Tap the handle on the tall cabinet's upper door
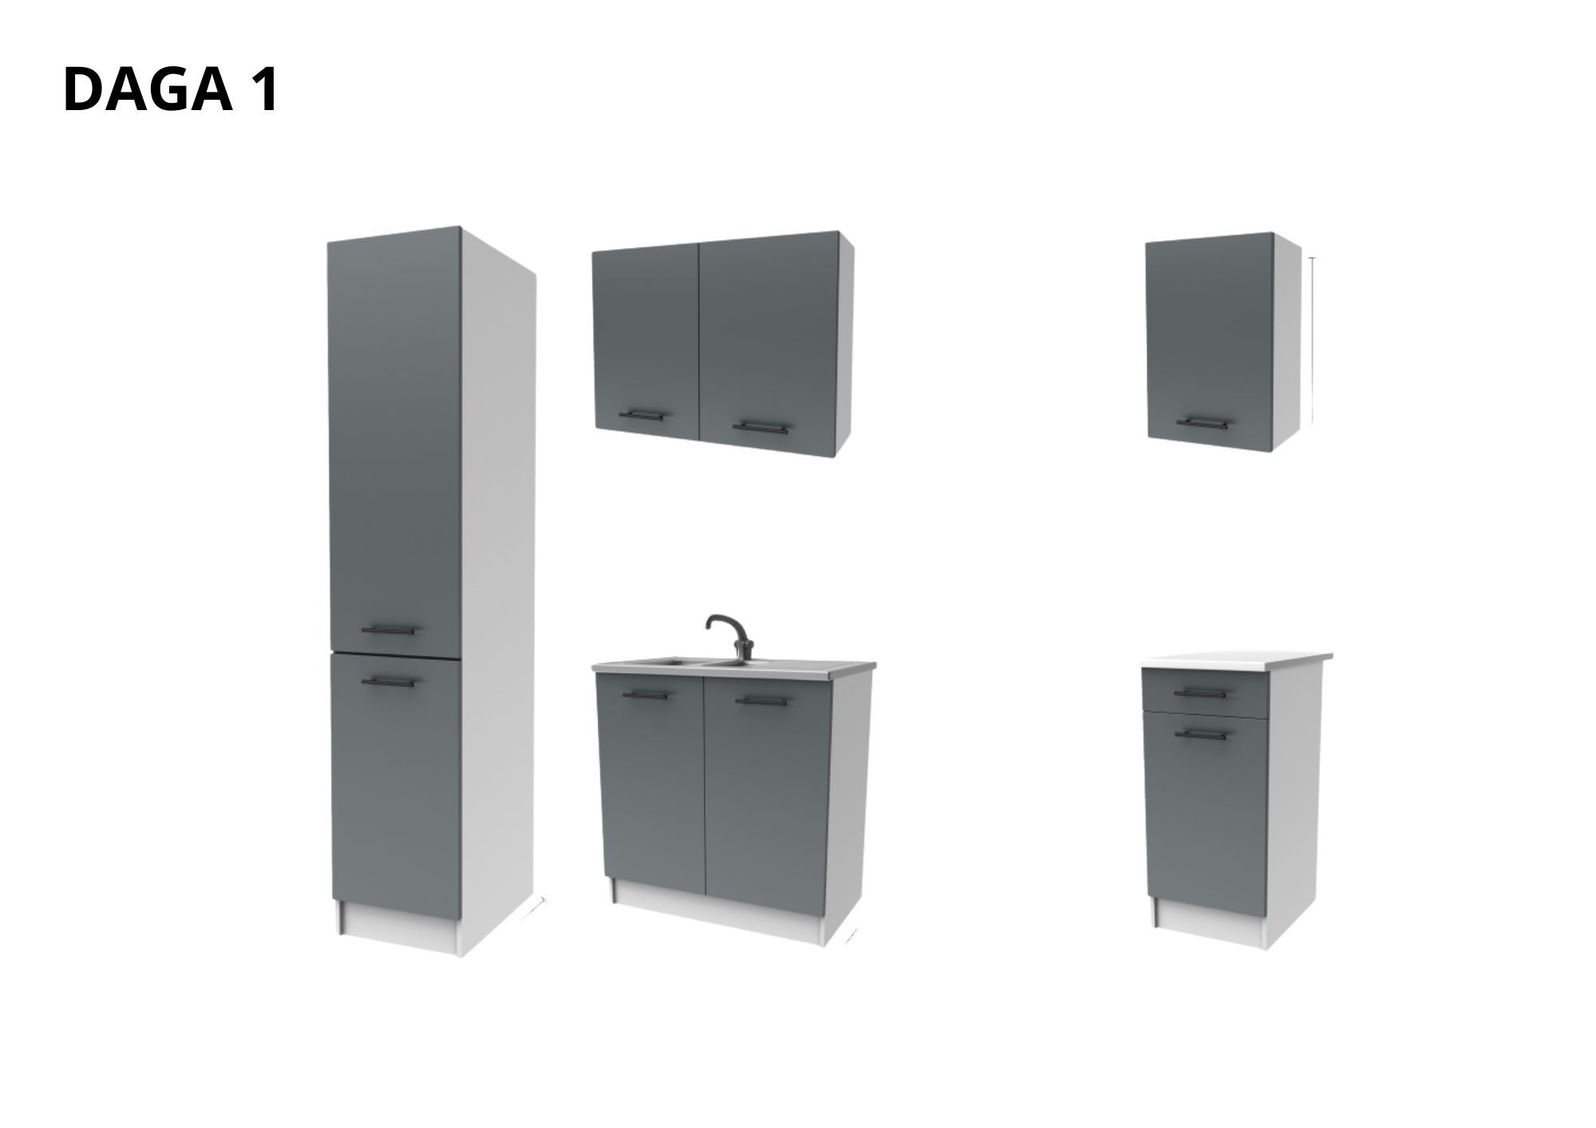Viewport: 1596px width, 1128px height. point(389,630)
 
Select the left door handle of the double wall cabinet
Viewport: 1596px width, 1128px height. point(642,415)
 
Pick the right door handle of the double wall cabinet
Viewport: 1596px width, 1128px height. point(760,428)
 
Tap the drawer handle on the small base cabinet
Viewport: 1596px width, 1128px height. point(1199,693)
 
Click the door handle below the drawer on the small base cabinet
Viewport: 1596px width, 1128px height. point(1199,734)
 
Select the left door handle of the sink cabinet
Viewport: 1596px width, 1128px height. point(645,696)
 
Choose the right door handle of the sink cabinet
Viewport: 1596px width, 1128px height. point(762,702)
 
